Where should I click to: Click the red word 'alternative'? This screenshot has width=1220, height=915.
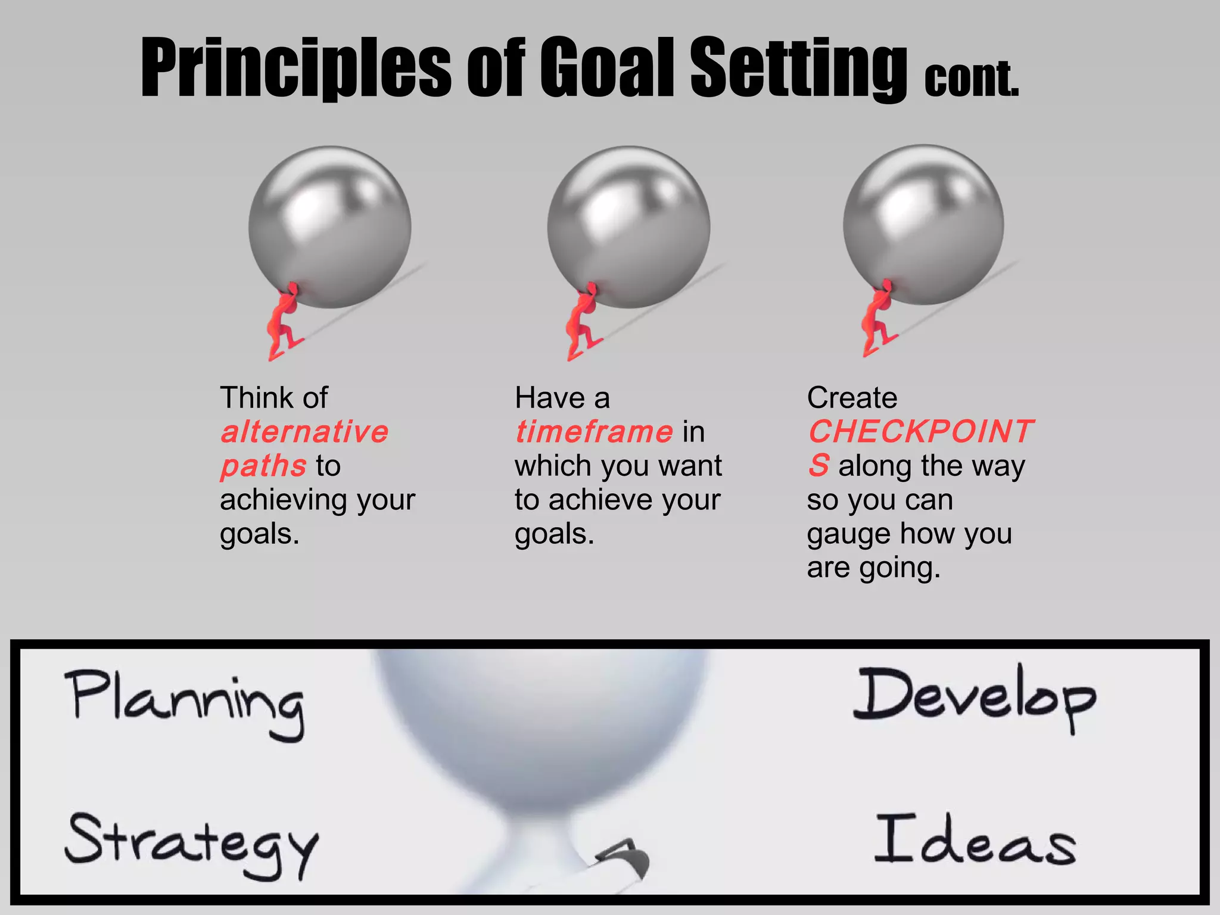point(304,431)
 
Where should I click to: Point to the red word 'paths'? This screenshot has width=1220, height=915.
point(263,466)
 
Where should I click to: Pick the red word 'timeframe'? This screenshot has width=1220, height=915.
point(594,431)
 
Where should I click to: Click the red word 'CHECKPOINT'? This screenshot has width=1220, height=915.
point(920,431)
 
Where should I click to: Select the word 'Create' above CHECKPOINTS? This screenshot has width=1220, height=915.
point(852,397)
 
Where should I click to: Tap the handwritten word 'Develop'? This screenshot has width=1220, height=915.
point(975,697)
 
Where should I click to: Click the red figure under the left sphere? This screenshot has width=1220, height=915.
point(284,322)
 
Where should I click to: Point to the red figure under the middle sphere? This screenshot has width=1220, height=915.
point(583,322)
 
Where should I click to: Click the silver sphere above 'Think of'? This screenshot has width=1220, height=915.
point(330,226)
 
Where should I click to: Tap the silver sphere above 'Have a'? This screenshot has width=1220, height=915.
point(628,226)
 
